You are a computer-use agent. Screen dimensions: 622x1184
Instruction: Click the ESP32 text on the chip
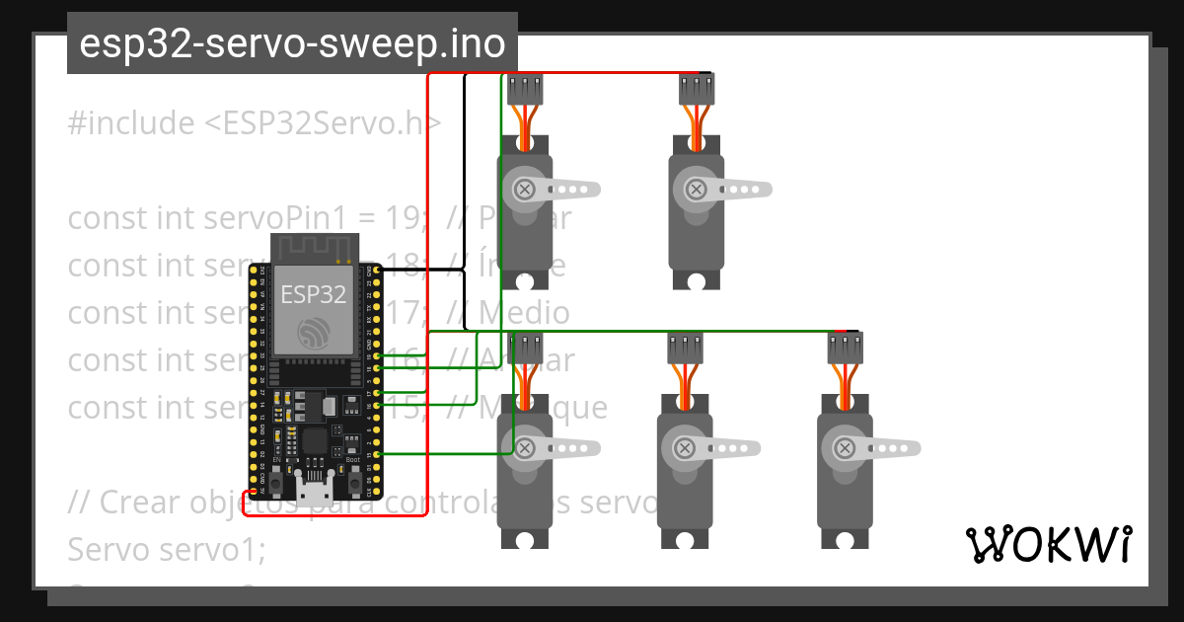pos(314,294)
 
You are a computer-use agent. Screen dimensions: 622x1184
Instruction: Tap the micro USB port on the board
pos(315,491)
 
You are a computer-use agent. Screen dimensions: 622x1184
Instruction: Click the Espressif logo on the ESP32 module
pos(315,334)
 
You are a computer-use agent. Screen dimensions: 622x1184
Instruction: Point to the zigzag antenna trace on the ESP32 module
pos(313,247)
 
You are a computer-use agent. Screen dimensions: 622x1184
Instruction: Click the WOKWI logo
pos(1048,545)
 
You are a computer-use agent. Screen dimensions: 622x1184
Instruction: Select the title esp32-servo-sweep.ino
pos(292,44)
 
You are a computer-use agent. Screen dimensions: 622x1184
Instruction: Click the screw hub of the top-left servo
pos(526,188)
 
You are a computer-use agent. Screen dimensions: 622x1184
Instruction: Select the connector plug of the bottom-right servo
pos(846,347)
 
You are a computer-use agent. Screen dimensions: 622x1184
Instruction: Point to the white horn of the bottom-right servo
pos(892,448)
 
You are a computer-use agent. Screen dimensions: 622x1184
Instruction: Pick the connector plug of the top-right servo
pos(697,90)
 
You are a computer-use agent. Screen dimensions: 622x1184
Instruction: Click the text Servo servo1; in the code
pos(166,550)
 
